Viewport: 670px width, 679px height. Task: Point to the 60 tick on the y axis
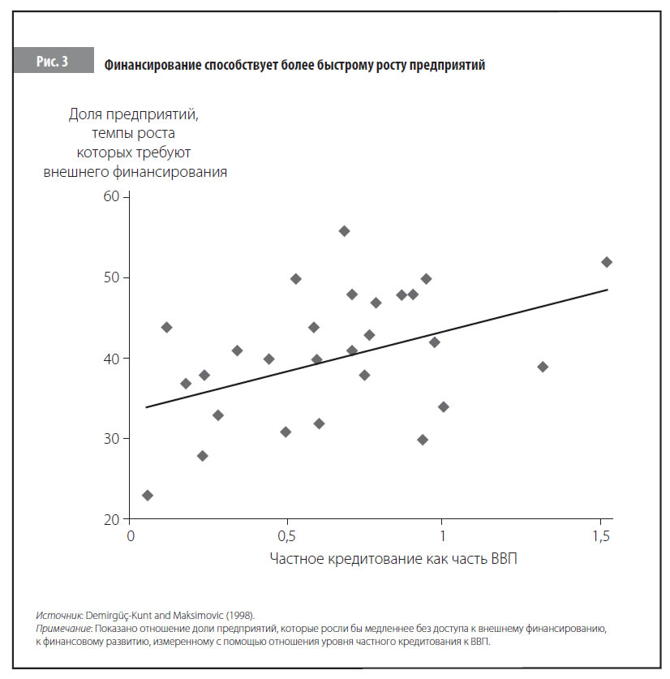[110, 196]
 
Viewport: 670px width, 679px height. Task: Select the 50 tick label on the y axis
[110, 277]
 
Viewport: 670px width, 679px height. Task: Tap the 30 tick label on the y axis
[110, 439]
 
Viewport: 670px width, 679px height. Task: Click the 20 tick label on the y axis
[110, 519]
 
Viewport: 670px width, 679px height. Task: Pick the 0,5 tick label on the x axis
[286, 536]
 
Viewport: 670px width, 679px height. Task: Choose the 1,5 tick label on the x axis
[600, 536]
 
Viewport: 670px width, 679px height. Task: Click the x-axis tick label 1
[443, 536]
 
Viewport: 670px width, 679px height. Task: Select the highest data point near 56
[344, 231]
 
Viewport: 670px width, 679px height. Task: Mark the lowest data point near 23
[147, 495]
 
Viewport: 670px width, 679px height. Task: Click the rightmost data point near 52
[607, 262]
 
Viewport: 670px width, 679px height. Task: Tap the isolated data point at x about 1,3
[543, 367]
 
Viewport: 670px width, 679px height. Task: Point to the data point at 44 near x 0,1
[166, 327]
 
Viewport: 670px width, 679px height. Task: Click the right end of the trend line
[607, 290]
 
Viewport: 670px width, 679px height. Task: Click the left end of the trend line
[146, 406]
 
